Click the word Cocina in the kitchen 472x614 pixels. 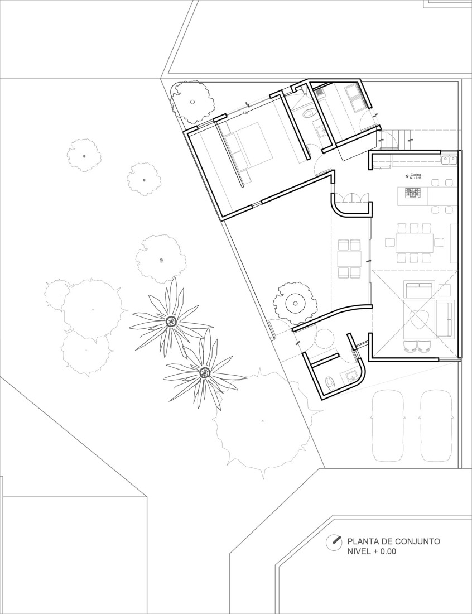click(416, 175)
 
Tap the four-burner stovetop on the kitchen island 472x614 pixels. click(413, 193)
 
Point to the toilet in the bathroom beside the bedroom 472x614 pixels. click(308, 114)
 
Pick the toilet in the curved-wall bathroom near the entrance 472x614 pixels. click(330, 382)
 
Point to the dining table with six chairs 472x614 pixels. click(415, 243)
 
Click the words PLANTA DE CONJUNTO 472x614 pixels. click(394, 541)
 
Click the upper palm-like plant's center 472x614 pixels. click(171, 321)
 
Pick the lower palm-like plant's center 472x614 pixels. click(204, 371)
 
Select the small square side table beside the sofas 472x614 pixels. click(445, 290)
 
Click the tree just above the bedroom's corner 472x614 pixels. click(192, 102)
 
